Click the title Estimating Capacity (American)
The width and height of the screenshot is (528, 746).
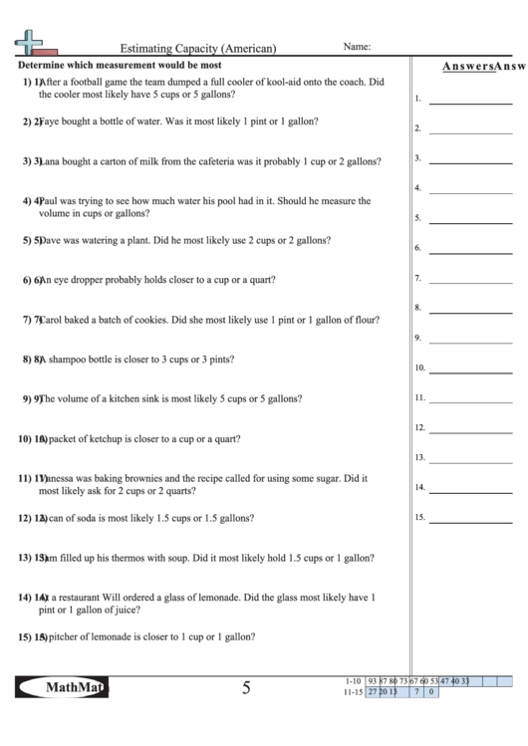[198, 47]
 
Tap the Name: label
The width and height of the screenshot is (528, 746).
[357, 46]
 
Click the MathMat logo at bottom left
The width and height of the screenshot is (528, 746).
[62, 687]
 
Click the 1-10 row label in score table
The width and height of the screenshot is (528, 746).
[351, 681]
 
